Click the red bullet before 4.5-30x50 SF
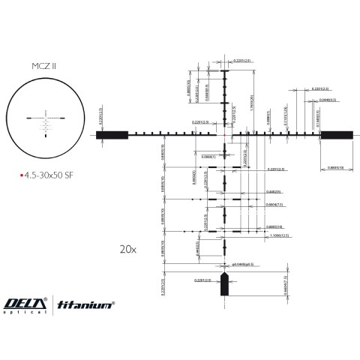[x=22, y=174]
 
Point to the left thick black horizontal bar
[x=112, y=135]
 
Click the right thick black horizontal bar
[x=337, y=135]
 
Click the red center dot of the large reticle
[x=225, y=135]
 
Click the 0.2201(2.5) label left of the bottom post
[x=202, y=280]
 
